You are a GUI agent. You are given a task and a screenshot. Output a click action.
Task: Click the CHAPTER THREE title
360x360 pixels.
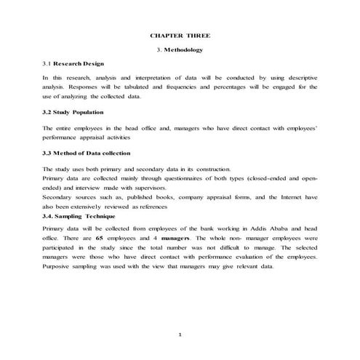pyautogui.click(x=180, y=35)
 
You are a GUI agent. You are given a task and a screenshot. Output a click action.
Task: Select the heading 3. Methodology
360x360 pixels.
pyautogui.click(x=180, y=49)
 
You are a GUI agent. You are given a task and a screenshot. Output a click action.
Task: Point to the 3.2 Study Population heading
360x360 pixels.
pyautogui.click(x=73, y=112)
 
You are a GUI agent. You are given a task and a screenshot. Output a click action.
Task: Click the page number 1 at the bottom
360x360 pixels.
pyautogui.click(x=180, y=333)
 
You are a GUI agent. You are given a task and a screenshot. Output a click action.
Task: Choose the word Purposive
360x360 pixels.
pyautogui.click(x=57, y=266)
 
